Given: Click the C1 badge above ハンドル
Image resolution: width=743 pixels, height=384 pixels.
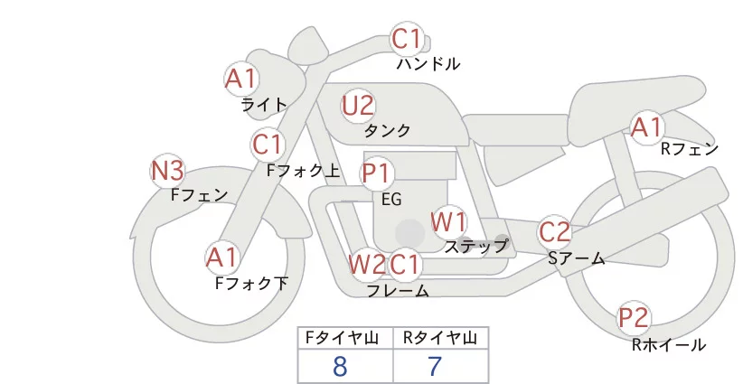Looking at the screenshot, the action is pyautogui.click(x=407, y=40).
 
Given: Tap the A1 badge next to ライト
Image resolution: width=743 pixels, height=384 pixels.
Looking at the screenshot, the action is pyautogui.click(x=241, y=79).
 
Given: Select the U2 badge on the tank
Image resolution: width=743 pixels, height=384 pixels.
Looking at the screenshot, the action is pyautogui.click(x=358, y=106).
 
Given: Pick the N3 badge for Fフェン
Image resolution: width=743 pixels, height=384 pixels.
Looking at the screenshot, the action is pyautogui.click(x=168, y=170).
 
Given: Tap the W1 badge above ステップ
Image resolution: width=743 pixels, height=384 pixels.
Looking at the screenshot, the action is pyautogui.click(x=448, y=221).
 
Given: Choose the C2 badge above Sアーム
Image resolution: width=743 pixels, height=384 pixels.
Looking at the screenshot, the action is pyautogui.click(x=554, y=232).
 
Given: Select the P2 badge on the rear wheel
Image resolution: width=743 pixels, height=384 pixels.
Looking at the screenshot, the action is pyautogui.click(x=634, y=318).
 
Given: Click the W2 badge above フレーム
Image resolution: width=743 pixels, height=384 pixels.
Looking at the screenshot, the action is pyautogui.click(x=367, y=265).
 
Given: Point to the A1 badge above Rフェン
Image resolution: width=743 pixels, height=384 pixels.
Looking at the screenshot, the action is pyautogui.click(x=647, y=127).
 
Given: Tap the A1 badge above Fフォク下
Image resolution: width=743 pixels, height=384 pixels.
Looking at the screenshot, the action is pyautogui.click(x=221, y=258).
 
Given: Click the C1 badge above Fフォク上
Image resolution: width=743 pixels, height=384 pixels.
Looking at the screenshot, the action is pyautogui.click(x=268, y=145).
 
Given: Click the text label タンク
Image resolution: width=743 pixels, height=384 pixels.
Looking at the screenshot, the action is pyautogui.click(x=388, y=131).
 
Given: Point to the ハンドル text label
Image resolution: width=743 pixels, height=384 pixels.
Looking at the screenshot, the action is pyautogui.click(x=428, y=64).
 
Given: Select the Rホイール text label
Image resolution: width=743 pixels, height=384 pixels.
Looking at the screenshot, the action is pyautogui.click(x=668, y=344).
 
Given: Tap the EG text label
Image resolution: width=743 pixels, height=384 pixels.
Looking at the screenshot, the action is pyautogui.click(x=391, y=199).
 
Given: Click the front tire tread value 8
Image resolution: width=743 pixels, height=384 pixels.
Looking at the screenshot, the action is pyautogui.click(x=340, y=366).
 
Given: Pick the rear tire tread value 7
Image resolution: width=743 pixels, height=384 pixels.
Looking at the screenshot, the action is pyautogui.click(x=436, y=366).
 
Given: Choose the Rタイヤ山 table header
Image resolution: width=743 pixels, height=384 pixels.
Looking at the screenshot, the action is pyautogui.click(x=439, y=338).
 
